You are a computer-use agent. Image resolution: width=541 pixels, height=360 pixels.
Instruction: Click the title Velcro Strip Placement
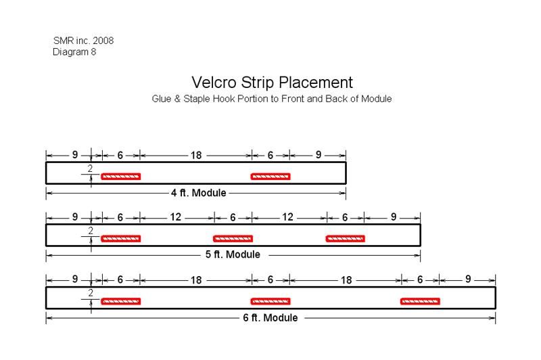[x=272, y=83]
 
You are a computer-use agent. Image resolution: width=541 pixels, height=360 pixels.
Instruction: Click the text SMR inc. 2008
[x=83, y=41]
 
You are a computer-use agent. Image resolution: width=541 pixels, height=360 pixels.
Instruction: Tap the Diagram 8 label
[x=74, y=52]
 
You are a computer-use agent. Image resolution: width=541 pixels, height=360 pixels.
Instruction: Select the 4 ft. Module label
[x=199, y=193]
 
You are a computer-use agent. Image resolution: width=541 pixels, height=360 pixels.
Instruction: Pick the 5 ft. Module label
[x=233, y=254]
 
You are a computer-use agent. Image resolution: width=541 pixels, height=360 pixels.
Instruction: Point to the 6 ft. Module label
[x=270, y=317]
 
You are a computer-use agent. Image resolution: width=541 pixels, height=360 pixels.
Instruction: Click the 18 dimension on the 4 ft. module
[x=196, y=156]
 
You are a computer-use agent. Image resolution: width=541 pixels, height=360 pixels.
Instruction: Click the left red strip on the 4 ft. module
[x=121, y=177]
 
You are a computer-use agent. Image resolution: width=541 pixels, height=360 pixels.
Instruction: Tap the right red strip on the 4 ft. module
[x=270, y=177]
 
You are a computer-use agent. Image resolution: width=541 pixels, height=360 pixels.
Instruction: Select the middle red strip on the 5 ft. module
[x=233, y=238]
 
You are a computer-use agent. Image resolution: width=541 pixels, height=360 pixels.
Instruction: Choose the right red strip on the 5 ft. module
[x=346, y=238]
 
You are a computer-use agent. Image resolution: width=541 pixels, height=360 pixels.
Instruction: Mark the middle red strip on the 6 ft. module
[x=270, y=301]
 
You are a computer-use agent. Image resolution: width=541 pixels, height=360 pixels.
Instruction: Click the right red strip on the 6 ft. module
[x=420, y=301]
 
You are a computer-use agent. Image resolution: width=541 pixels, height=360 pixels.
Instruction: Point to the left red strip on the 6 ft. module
[x=121, y=301]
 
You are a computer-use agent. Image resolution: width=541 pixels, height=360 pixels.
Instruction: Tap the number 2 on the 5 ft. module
[x=91, y=231]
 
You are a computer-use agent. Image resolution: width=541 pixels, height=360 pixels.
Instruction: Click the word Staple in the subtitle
[x=197, y=99]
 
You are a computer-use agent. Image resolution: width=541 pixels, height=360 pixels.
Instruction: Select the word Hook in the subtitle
[x=223, y=99]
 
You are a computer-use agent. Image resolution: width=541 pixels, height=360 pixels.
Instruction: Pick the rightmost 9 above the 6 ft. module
[x=468, y=279]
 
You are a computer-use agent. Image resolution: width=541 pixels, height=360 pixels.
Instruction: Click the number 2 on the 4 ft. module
[x=90, y=168]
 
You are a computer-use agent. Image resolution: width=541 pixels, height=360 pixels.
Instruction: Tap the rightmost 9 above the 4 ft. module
[x=319, y=155]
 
